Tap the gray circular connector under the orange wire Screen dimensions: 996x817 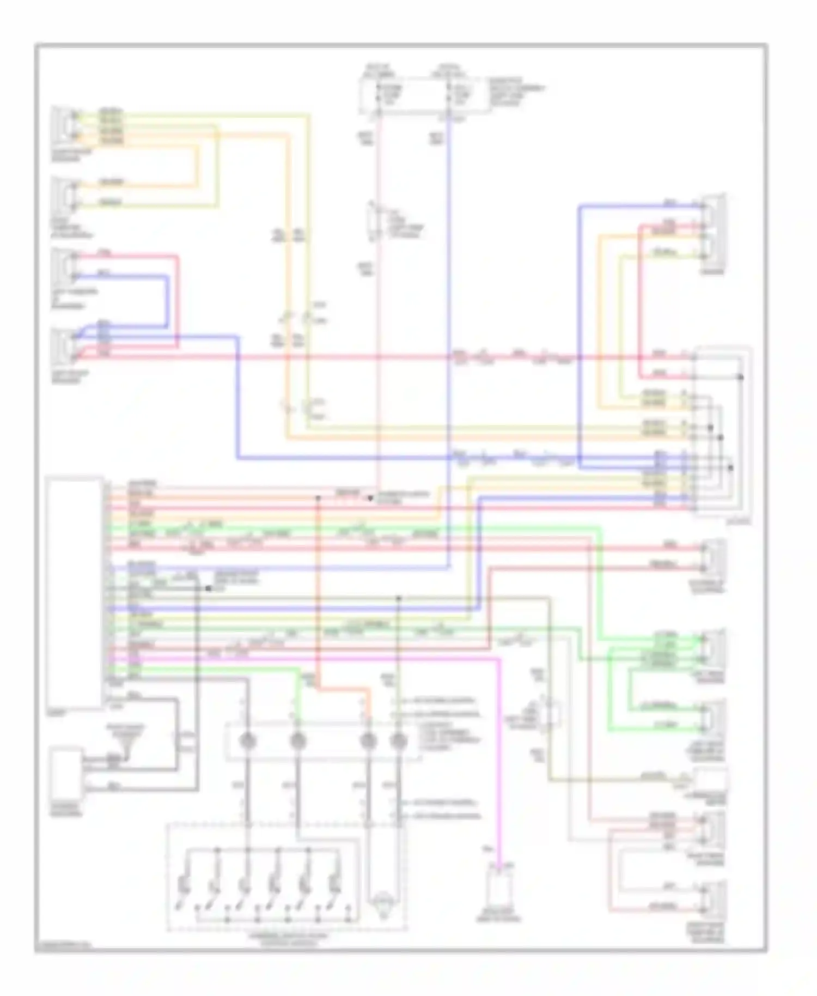tap(369, 740)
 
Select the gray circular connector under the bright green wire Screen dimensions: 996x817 tap(297, 740)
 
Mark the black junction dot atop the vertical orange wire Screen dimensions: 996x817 tap(318, 498)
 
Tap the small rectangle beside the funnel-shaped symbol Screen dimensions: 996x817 tap(66, 774)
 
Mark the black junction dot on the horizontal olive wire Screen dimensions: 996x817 tap(399, 598)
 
